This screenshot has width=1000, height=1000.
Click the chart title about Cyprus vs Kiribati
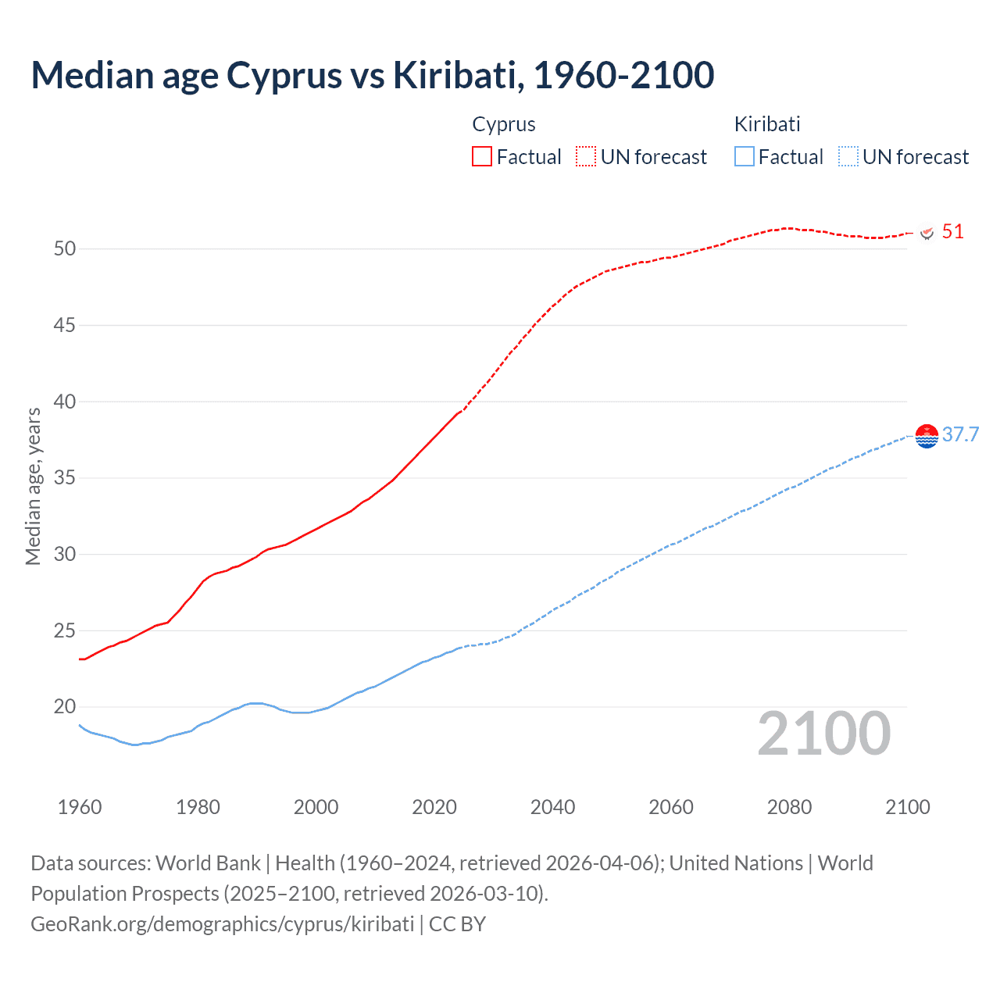[x=373, y=75]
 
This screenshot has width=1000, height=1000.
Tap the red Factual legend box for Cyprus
[x=482, y=156]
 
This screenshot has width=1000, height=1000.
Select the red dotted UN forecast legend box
[x=586, y=156]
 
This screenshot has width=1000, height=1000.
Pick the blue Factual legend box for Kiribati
[x=744, y=156]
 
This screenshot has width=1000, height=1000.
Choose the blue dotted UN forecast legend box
[x=848, y=156]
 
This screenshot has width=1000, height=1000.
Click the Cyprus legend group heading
[x=504, y=124]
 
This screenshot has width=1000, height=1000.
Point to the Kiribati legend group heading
[x=767, y=124]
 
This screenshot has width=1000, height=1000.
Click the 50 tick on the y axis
[x=65, y=249]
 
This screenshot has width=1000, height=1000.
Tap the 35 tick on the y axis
[x=65, y=478]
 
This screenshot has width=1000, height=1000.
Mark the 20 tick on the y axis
[x=65, y=707]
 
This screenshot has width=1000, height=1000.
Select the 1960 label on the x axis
[x=80, y=807]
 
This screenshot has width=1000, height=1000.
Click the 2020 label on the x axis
[x=434, y=807]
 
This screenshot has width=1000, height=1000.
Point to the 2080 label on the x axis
[x=789, y=807]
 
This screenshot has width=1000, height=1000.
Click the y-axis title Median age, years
[x=33, y=486]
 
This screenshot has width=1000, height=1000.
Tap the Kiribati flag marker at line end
[x=927, y=436]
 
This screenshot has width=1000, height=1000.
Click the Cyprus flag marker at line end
[x=927, y=233]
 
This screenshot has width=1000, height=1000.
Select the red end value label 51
[x=953, y=232]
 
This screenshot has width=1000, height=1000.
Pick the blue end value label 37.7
[x=960, y=435]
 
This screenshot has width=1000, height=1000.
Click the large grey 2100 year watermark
[x=824, y=734]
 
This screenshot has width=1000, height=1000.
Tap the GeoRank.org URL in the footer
[x=223, y=924]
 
